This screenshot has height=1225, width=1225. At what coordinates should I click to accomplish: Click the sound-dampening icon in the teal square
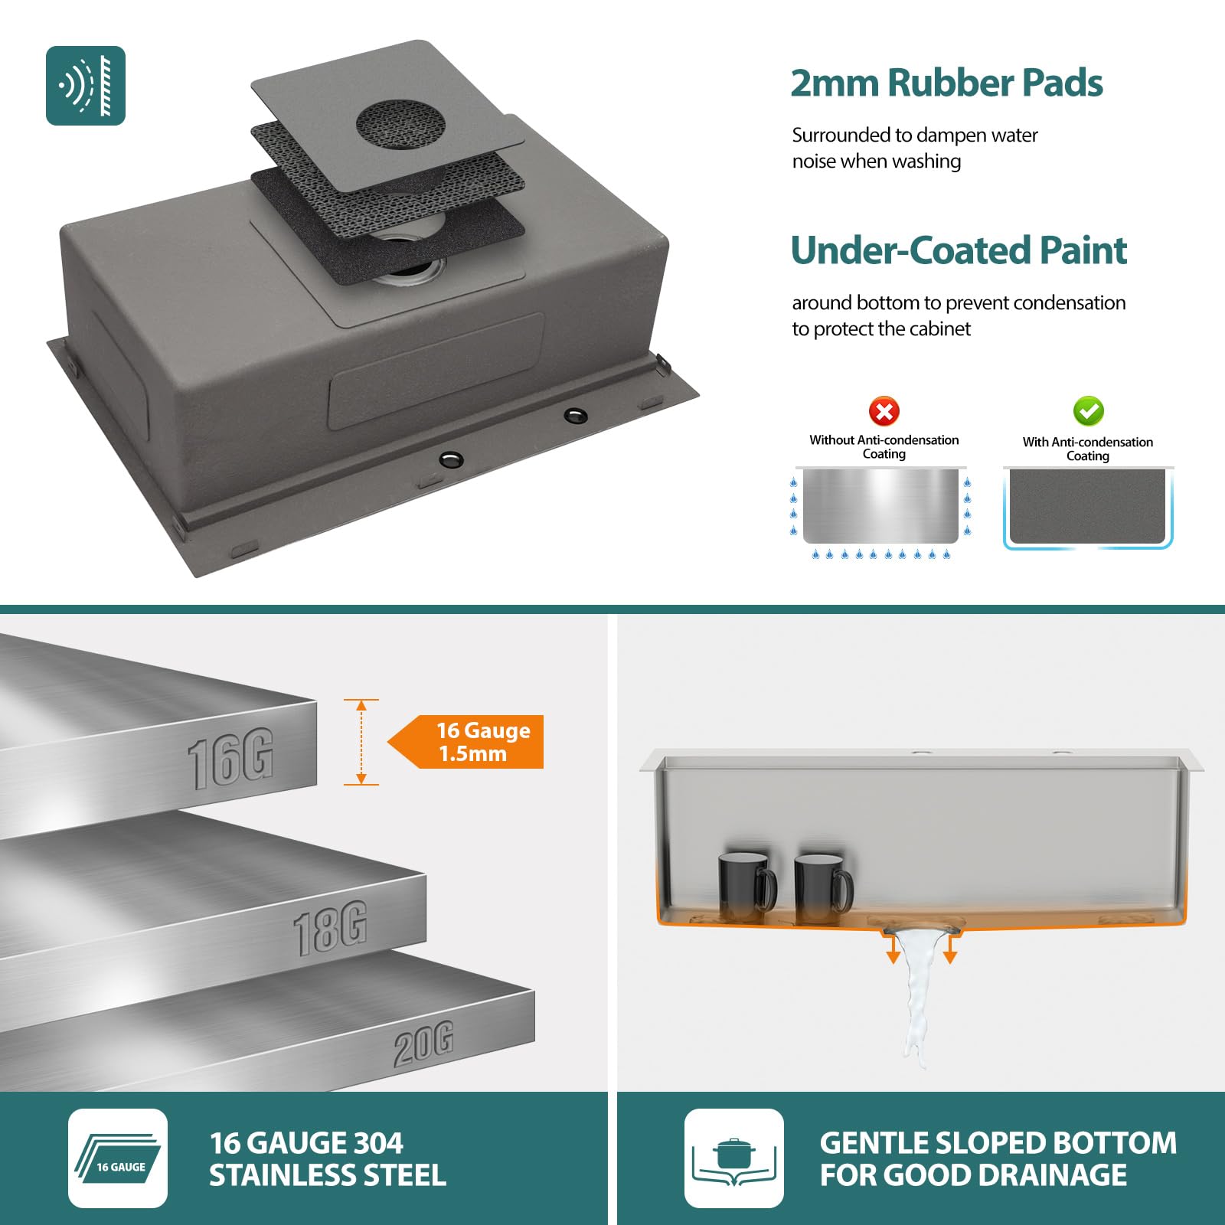click(x=86, y=86)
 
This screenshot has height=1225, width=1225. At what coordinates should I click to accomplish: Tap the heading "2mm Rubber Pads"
click(x=946, y=83)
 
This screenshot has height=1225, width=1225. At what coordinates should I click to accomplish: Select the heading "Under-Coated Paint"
click(x=959, y=250)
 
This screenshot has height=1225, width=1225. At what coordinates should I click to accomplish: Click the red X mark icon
click(x=884, y=411)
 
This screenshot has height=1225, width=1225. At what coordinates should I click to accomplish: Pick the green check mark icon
click(x=1088, y=411)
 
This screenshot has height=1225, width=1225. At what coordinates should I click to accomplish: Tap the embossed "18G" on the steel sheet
click(x=330, y=929)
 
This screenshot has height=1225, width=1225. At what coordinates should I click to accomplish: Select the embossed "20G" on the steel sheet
click(x=423, y=1044)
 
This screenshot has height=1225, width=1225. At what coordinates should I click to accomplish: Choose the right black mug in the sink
click(x=822, y=888)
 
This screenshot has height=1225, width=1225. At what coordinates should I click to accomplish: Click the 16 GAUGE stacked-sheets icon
click(x=118, y=1158)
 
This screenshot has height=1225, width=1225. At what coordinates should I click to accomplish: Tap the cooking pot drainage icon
click(x=733, y=1158)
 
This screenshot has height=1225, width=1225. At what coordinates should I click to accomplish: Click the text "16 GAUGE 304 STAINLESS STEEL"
click(x=328, y=1158)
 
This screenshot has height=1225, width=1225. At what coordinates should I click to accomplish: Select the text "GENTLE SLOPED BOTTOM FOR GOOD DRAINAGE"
click(x=998, y=1158)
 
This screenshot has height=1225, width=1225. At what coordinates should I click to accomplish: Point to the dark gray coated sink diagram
click(x=1087, y=507)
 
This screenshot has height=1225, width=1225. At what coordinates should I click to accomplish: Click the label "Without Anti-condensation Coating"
click(x=884, y=446)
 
